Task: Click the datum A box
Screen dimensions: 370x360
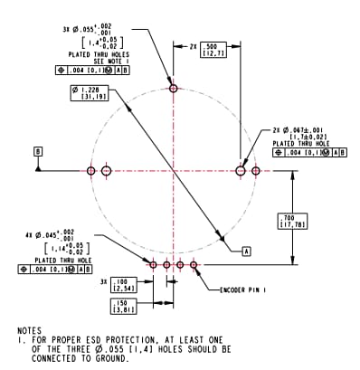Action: pyautogui.click(x=245, y=247)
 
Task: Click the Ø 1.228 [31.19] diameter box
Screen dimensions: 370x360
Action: pyautogui.click(x=90, y=94)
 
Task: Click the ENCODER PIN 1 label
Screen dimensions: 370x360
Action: pyautogui.click(x=247, y=290)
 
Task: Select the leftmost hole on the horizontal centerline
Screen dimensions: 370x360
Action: pyautogui.click(x=90, y=170)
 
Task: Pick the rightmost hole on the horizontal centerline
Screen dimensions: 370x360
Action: pyautogui.click(x=256, y=170)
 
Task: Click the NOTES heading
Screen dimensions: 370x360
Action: pyautogui.click(x=32, y=331)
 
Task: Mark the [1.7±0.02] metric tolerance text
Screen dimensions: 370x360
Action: pyautogui.click(x=311, y=137)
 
